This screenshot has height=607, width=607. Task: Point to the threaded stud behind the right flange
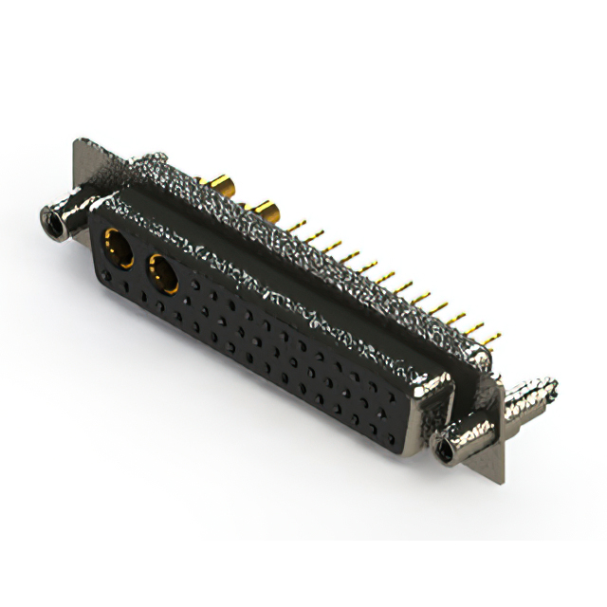tap(532, 393)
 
